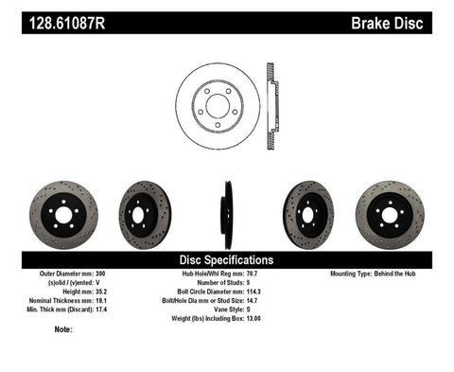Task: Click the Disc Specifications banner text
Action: click(227, 258)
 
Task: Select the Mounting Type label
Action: click(358, 274)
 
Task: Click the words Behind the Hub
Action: click(406, 274)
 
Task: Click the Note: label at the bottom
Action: click(64, 330)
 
